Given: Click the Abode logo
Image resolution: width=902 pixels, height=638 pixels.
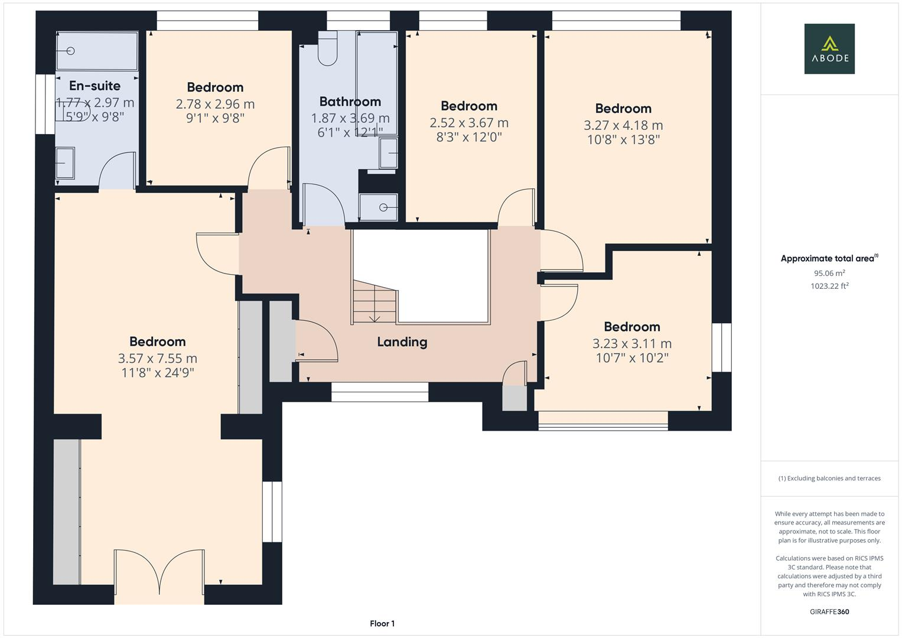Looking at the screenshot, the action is tap(829, 48).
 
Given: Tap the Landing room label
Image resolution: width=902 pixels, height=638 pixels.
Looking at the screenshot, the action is tap(402, 342).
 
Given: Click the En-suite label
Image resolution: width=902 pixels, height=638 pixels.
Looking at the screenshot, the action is tap(95, 86).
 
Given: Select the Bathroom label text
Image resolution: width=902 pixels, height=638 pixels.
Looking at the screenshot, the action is tap(350, 102).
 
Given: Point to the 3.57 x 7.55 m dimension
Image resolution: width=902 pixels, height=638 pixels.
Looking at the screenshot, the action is tap(158, 358).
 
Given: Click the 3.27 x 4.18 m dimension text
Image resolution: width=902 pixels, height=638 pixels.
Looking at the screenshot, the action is tap(623, 125).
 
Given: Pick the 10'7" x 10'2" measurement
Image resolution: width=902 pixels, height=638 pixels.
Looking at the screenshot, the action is tap(632, 357).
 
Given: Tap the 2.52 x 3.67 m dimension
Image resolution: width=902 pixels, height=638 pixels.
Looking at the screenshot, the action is tap(468, 123).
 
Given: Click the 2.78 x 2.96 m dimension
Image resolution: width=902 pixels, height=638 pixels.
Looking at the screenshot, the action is tap(215, 105).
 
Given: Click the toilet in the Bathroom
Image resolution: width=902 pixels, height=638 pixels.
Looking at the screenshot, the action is tap(327, 48).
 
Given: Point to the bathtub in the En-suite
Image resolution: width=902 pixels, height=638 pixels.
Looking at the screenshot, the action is tap(97, 51).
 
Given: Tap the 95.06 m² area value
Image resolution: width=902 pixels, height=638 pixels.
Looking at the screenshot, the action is tap(829, 273).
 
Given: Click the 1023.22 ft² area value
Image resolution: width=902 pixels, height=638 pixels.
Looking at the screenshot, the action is tap(829, 286).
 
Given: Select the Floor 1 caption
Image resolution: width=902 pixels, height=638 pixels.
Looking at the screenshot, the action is tap(382, 623).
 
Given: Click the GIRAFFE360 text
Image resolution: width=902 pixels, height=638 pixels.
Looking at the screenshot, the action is tap(829, 611).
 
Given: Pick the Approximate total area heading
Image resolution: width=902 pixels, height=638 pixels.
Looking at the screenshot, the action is tap(829, 258).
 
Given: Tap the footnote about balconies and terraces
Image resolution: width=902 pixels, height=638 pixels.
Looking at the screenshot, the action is tap(829, 478).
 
